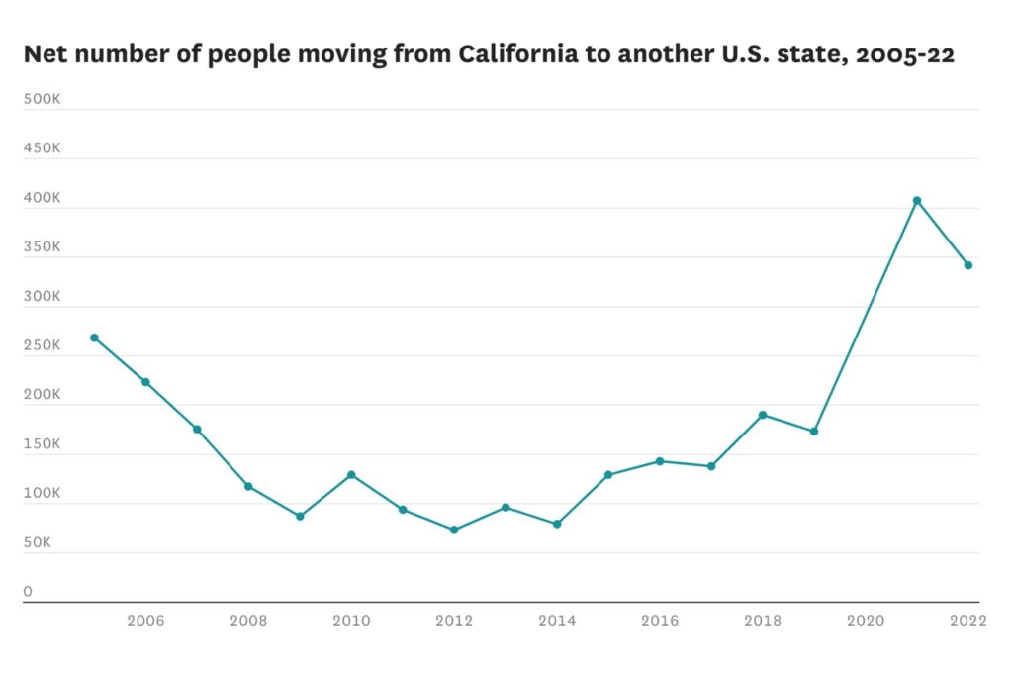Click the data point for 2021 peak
(917, 200)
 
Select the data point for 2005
(94, 338)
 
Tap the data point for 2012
(454, 530)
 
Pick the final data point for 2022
(968, 265)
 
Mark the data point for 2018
(763, 415)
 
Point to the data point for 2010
(351, 475)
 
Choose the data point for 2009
(300, 516)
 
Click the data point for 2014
(557, 524)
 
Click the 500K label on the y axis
(43, 100)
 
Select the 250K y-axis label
(43, 346)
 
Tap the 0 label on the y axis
(28, 592)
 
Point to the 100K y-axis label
(43, 494)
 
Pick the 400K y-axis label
(43, 199)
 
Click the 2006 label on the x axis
(145, 621)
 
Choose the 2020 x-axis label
(866, 621)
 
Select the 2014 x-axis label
(557, 621)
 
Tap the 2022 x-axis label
(968, 621)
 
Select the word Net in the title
(46, 55)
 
